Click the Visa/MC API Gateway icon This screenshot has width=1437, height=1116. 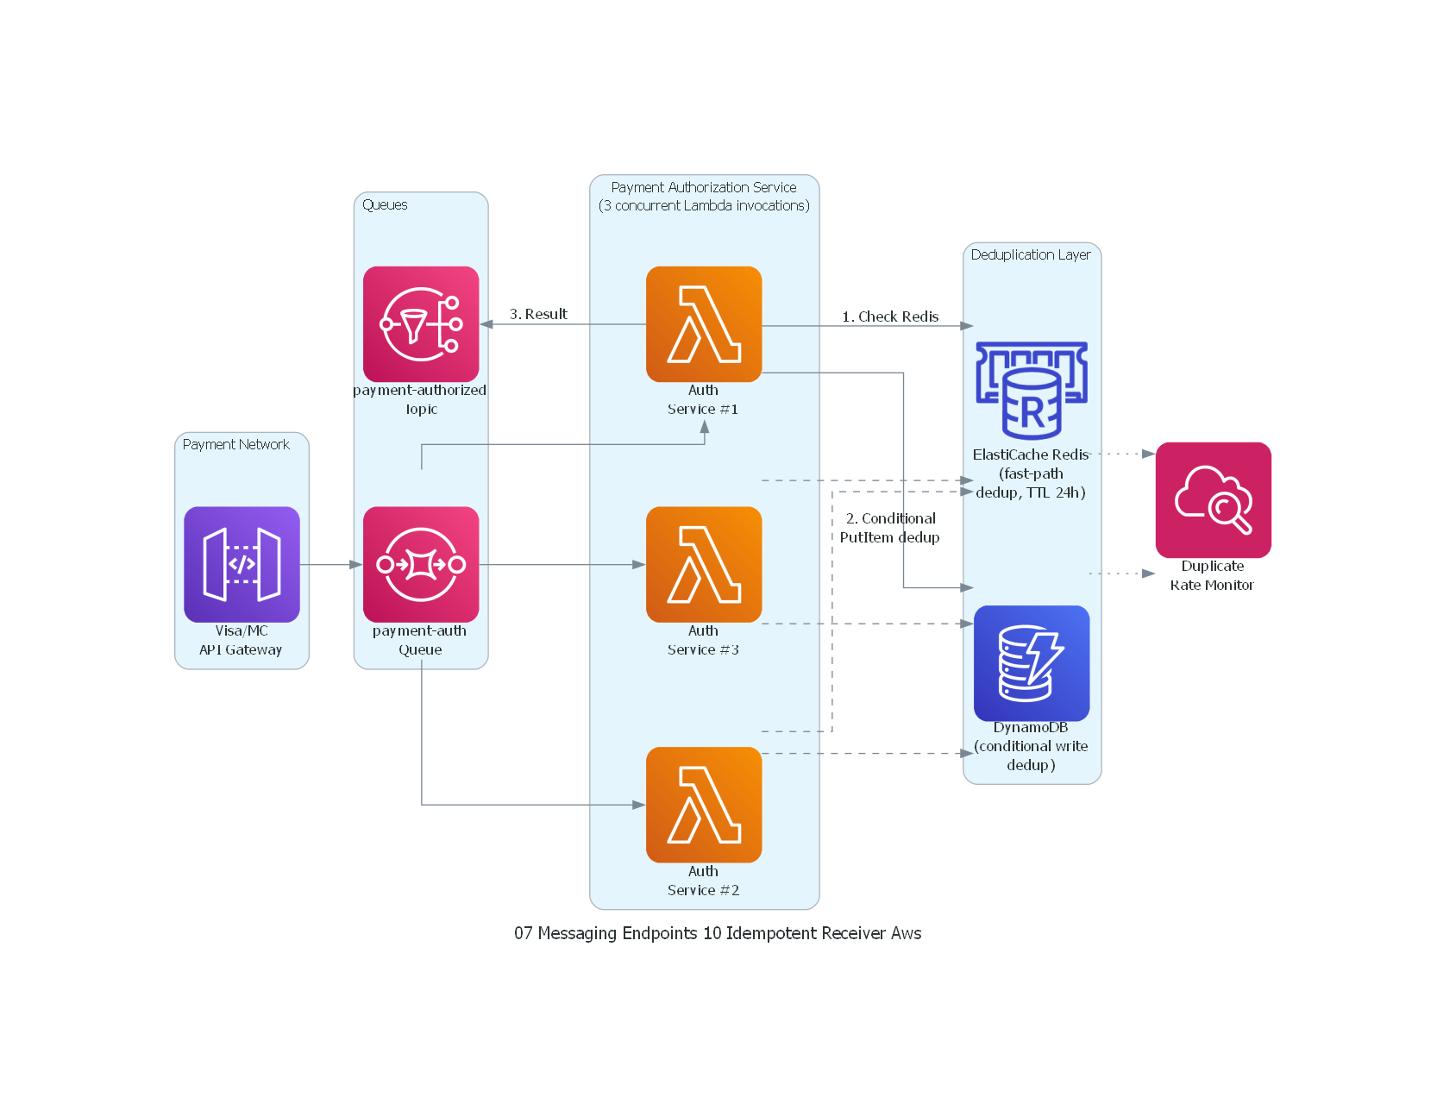(242, 564)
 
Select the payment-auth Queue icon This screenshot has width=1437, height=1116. (421, 564)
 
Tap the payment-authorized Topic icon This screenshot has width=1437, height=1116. (421, 324)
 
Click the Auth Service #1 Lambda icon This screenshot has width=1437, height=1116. (704, 324)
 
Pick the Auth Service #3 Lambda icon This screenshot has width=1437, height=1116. (704, 564)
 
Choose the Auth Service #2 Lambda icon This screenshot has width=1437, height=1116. (704, 805)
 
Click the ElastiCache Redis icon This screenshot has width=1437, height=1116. (1032, 391)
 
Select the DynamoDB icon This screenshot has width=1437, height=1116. (1032, 663)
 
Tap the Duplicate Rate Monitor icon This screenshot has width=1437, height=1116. (1213, 500)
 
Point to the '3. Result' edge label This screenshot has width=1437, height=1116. (538, 314)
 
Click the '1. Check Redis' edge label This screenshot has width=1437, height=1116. (890, 317)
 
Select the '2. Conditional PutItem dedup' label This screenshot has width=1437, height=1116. (890, 528)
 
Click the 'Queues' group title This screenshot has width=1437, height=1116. (385, 205)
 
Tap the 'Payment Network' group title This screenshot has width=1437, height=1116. (235, 445)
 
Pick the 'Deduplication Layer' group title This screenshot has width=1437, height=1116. (1031, 255)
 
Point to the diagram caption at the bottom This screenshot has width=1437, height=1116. (718, 933)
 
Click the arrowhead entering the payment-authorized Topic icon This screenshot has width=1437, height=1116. (486, 324)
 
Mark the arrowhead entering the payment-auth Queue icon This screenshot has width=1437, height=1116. (356, 564)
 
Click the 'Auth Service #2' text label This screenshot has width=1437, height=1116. (704, 881)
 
